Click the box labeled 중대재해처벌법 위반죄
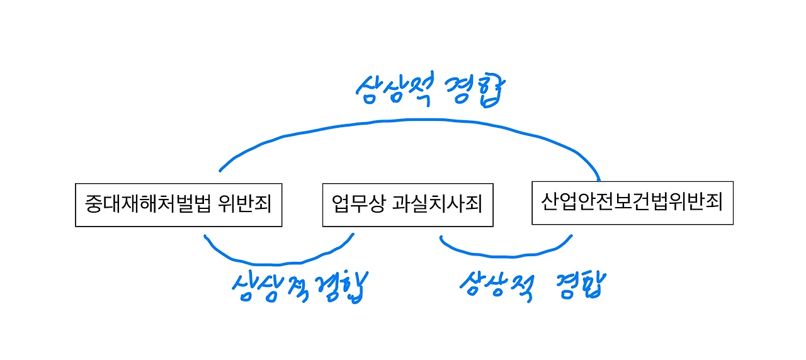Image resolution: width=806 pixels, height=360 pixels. [x=178, y=205]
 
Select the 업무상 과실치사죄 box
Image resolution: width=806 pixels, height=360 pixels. [x=407, y=205]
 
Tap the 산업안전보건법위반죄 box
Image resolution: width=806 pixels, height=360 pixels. [x=632, y=203]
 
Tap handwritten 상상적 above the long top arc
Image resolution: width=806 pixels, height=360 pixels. [x=395, y=89]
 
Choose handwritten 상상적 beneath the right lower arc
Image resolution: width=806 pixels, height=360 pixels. [x=497, y=284]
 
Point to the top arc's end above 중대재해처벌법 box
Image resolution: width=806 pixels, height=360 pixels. [x=220, y=170]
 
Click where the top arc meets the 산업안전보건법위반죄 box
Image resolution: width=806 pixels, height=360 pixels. [x=599, y=179]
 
